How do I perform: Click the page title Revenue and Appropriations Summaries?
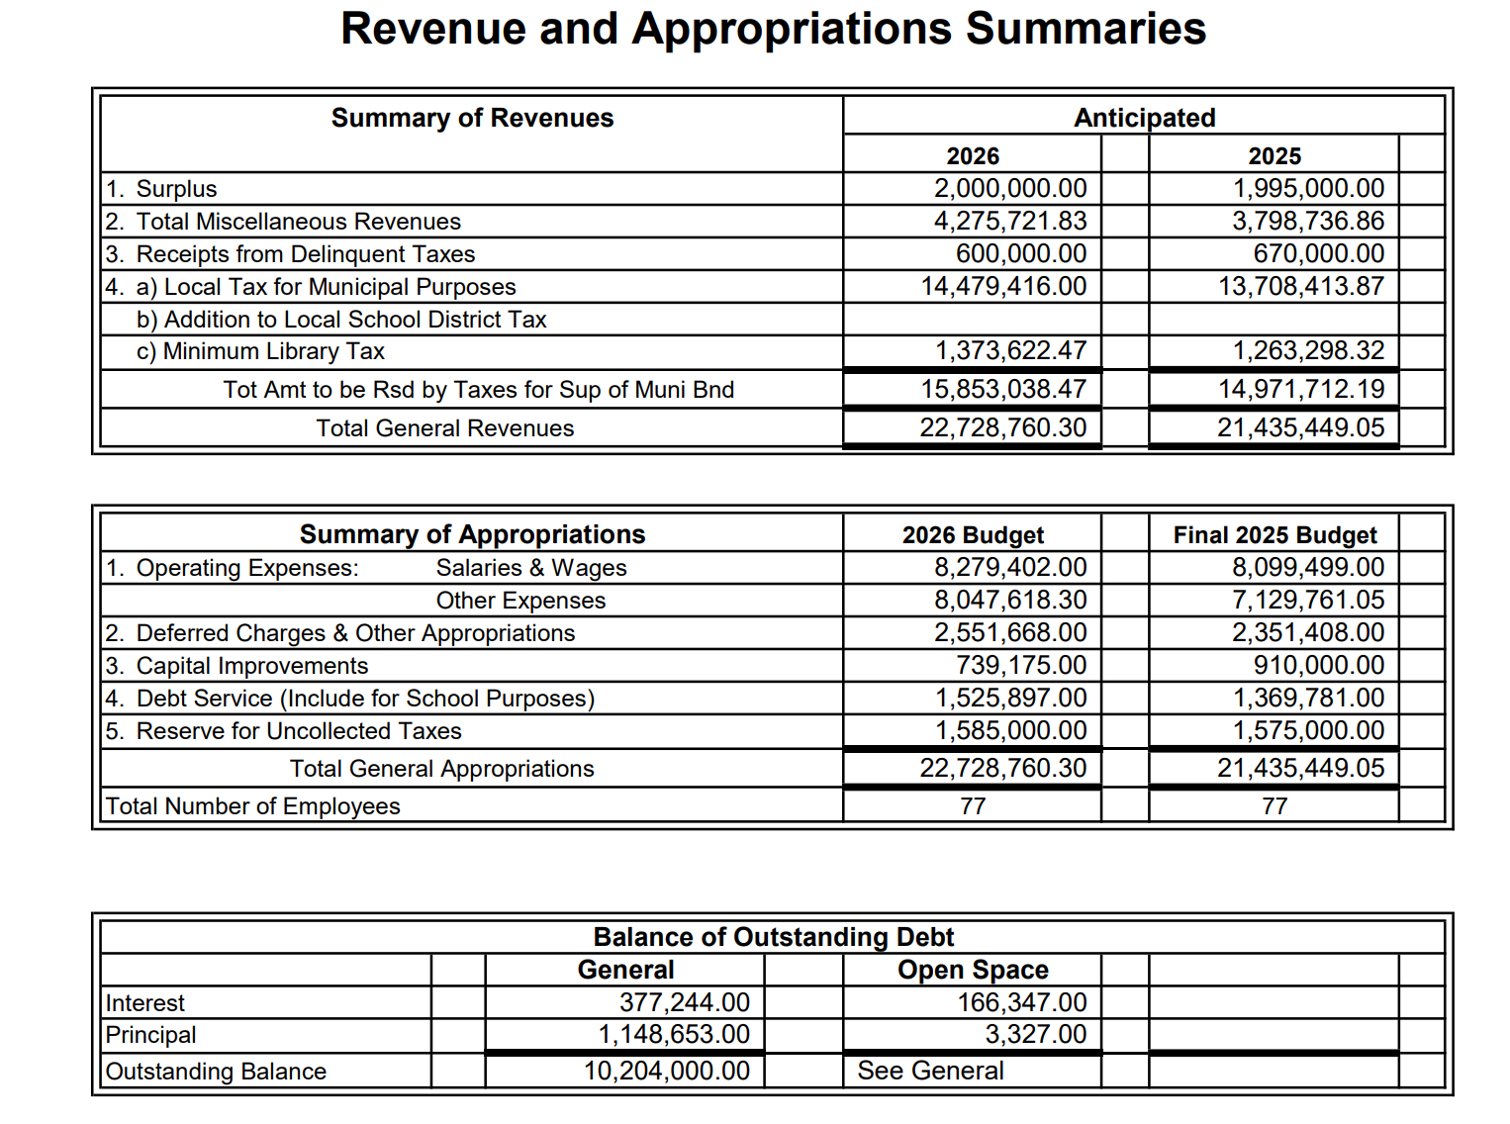[x=773, y=29]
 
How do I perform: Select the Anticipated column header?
[x=1144, y=118]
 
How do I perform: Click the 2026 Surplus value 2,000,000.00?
[x=1009, y=188]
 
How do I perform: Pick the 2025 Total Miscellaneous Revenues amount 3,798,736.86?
[x=1307, y=221]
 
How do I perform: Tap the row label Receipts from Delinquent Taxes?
[x=305, y=254]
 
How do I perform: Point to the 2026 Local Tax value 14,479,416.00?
[x=1003, y=286]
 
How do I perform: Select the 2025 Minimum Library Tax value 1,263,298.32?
[x=1308, y=351]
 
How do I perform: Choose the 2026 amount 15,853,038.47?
[x=1003, y=389]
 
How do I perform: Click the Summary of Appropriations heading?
[x=472, y=534]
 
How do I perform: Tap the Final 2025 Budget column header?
[x=1274, y=535]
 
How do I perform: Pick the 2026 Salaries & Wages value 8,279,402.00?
[x=1009, y=567]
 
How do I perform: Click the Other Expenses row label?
[x=520, y=601]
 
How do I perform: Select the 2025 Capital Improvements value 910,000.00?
[x=1318, y=665]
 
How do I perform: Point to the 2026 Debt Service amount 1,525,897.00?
[x=1010, y=698]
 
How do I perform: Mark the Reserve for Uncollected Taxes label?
[x=298, y=731]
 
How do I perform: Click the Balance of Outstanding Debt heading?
[x=773, y=937]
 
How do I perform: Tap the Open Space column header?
[x=973, y=970]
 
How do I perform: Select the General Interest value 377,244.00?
[x=684, y=1002]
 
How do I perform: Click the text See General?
[x=930, y=1071]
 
